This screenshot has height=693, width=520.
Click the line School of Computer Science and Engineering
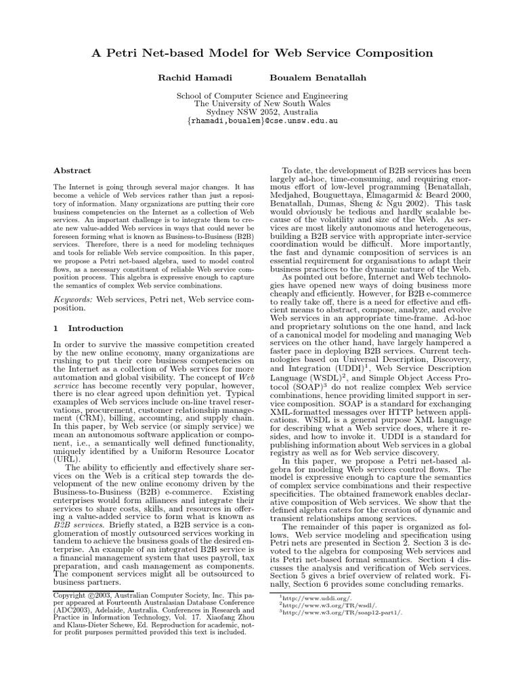pos(261,96)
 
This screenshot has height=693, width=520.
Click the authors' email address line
pos(261,121)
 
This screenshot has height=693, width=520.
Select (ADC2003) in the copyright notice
pos(72,612)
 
